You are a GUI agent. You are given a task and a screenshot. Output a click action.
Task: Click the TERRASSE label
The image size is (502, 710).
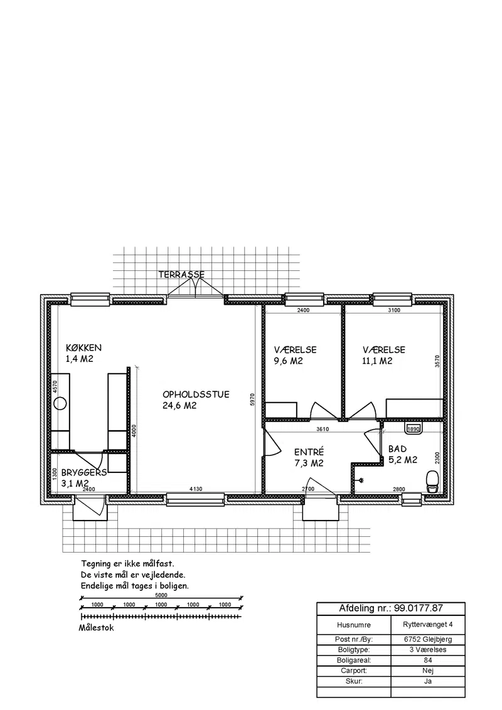181,274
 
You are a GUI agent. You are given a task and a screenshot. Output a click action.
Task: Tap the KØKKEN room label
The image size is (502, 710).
84,347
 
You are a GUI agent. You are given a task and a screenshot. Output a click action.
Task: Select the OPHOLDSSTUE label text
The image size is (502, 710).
196,395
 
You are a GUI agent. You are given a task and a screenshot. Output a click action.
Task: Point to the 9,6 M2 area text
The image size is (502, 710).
288,361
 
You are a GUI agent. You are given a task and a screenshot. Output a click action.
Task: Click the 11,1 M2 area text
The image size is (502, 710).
377,361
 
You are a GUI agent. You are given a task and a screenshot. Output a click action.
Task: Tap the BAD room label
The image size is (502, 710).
397,449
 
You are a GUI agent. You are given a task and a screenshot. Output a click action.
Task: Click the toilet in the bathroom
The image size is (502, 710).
433,481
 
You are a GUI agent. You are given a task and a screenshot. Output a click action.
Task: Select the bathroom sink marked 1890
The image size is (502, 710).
414,428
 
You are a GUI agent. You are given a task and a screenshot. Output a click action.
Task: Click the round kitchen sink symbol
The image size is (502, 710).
60,403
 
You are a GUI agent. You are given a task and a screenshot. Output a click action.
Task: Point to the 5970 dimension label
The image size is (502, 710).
253,400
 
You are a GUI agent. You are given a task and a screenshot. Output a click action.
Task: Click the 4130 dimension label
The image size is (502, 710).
196,489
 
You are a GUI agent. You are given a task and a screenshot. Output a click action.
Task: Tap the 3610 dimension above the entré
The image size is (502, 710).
323,429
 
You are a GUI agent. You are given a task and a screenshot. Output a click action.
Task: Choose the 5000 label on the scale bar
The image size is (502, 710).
161,595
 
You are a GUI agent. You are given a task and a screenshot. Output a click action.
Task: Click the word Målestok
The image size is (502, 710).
96,628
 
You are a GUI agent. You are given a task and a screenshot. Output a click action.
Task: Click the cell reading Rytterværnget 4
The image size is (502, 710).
428,625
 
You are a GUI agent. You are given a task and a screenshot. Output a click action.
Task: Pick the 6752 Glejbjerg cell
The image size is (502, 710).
428,639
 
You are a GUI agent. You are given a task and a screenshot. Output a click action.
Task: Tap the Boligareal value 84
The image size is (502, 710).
428,660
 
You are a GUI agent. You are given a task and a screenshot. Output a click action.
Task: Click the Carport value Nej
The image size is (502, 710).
428,670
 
